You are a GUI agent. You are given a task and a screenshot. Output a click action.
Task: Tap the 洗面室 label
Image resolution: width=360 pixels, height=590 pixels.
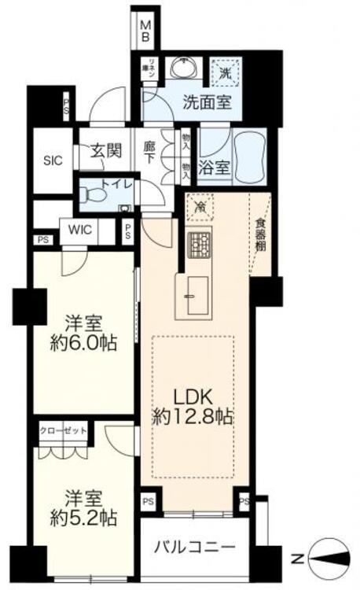tap(186, 101)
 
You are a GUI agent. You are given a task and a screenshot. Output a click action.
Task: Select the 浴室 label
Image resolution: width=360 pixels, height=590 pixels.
tap(215, 167)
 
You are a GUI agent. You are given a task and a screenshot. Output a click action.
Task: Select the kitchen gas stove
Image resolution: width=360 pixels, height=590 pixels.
tap(200, 247)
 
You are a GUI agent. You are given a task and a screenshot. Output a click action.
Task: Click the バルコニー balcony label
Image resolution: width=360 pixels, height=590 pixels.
tap(194, 545)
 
